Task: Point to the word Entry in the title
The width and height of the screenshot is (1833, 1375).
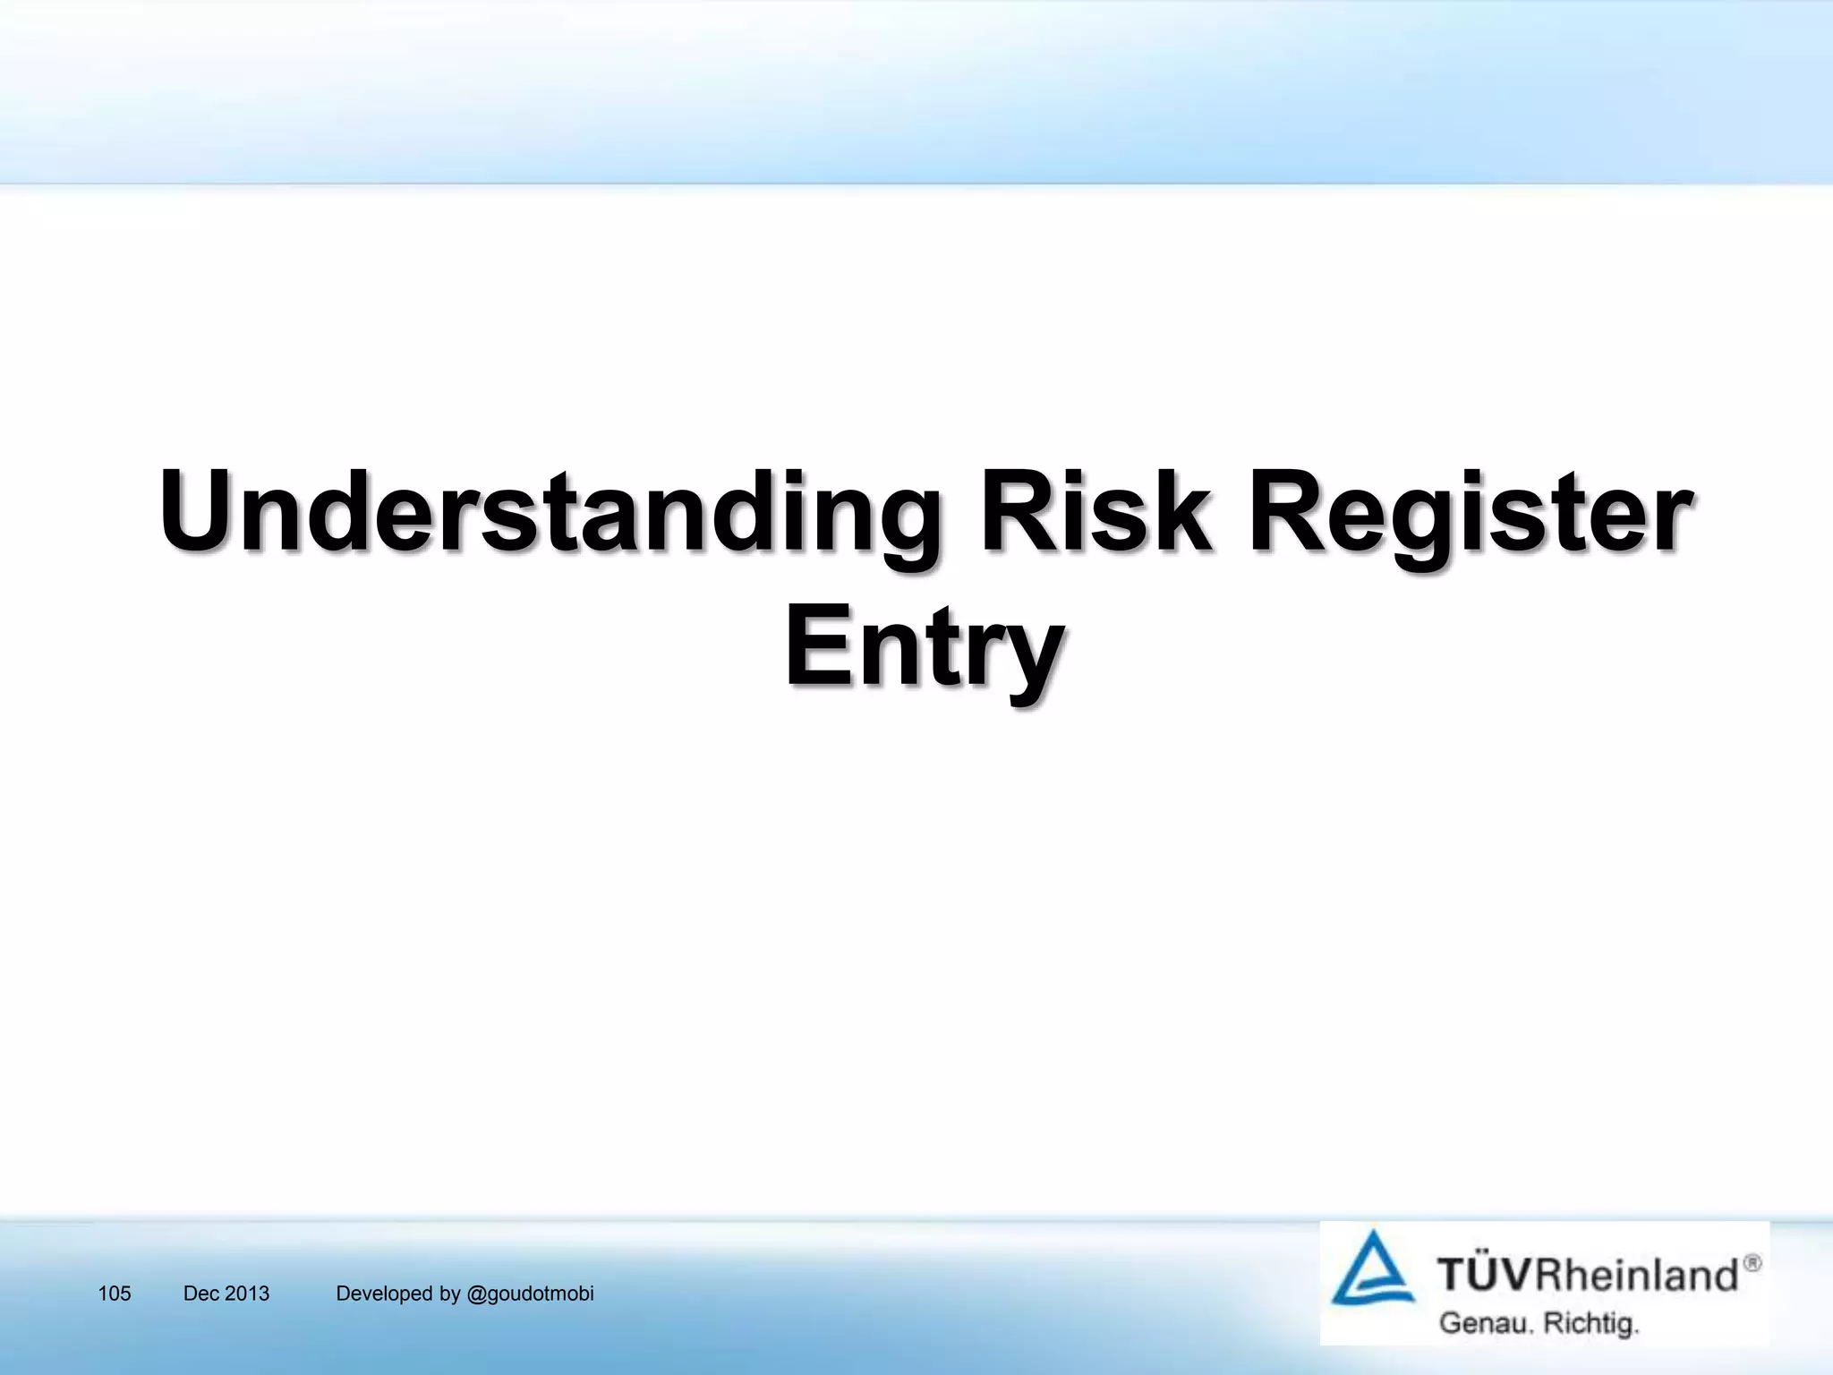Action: click(924, 646)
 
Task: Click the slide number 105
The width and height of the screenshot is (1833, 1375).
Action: click(115, 1294)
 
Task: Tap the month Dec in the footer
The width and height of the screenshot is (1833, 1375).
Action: click(201, 1294)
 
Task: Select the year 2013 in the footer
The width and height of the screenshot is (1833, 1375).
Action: click(247, 1294)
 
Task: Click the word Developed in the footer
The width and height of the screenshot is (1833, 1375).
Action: click(384, 1294)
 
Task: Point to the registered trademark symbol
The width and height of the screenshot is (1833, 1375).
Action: click(1752, 1263)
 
